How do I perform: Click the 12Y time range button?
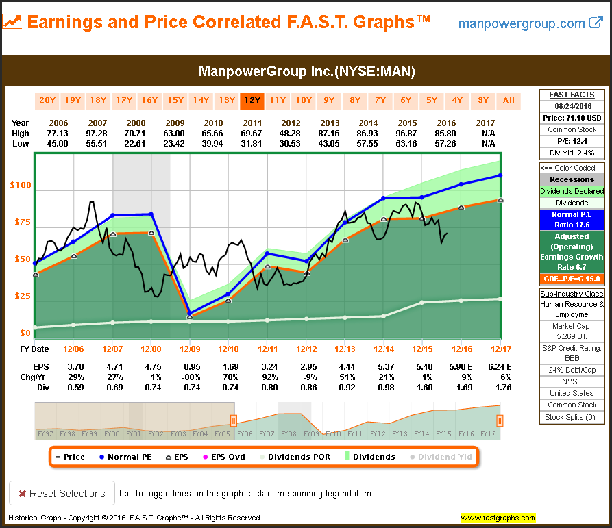[x=252, y=100]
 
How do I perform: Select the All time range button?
[x=509, y=100]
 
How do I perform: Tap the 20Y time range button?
[x=47, y=100]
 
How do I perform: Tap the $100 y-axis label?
[x=21, y=186]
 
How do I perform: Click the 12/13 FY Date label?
[x=345, y=349]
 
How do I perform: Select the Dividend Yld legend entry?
[x=444, y=457]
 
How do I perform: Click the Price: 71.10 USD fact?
[x=572, y=118]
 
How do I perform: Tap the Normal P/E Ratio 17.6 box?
[x=572, y=219]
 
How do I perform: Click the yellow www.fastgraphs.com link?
[x=498, y=518]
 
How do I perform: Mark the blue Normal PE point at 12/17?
[x=501, y=175]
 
